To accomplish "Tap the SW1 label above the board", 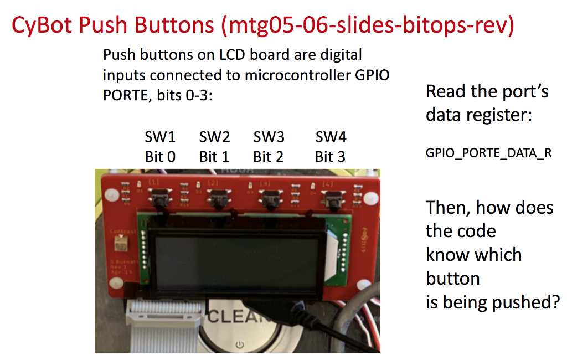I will pos(160,136).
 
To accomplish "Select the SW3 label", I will pos(269,136).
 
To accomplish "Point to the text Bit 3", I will pos(330,157).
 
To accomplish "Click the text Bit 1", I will pos(214,157).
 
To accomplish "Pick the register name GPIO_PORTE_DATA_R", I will pos(489,153).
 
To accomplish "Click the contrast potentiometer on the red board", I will pos(120,241).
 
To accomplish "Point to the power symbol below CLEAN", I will pos(239,345).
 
